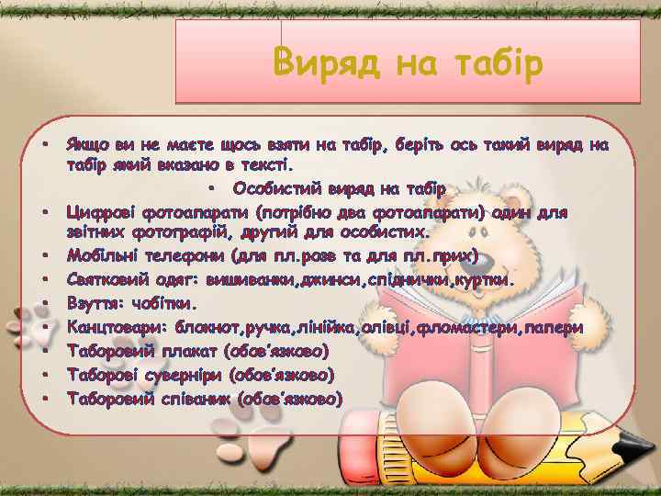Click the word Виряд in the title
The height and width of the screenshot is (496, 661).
[327, 64]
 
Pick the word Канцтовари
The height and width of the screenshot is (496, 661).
[118, 327]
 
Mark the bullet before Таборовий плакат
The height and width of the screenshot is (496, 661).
[44, 351]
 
